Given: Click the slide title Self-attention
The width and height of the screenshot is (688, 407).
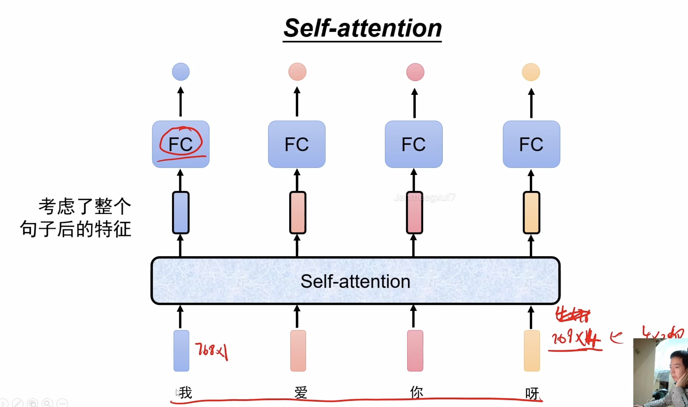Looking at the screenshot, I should [x=362, y=29].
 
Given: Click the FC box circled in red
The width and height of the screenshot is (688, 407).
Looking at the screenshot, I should [x=181, y=144].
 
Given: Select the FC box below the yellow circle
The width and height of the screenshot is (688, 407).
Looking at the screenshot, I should [x=531, y=144].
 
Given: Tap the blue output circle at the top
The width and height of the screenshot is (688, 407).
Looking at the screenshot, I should [x=181, y=72].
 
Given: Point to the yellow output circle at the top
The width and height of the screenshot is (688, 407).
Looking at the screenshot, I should [x=531, y=72].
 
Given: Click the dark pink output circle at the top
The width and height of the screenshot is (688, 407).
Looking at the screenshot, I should [x=415, y=72].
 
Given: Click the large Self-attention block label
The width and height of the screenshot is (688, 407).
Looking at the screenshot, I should [x=355, y=281].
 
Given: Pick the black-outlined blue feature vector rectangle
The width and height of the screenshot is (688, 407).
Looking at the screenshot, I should [x=181, y=212].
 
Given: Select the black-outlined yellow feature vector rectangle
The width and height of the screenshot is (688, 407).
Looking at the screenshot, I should [x=531, y=212].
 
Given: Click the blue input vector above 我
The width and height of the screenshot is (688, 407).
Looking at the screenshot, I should [x=181, y=350].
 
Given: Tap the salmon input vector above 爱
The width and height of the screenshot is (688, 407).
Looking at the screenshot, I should [x=298, y=350].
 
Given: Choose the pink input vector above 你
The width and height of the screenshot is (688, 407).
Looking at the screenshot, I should [x=415, y=350].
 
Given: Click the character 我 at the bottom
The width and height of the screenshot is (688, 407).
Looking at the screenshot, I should [x=186, y=393].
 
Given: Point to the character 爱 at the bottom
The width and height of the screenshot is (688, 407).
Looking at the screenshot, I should [x=301, y=393].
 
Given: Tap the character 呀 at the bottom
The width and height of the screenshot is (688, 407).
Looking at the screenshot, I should [x=532, y=393].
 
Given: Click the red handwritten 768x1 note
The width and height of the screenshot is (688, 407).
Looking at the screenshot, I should [x=212, y=350].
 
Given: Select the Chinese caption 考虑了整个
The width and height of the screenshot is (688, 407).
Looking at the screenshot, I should [x=85, y=206].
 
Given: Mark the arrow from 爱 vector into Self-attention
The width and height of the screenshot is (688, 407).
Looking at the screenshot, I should [x=297, y=316].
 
